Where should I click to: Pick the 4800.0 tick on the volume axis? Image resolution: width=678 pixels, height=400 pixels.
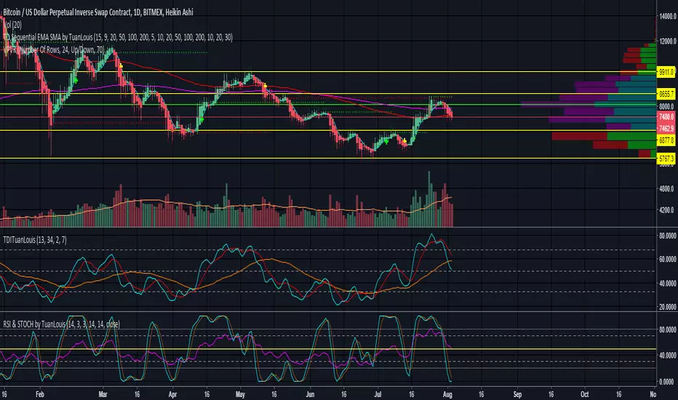tap(666, 188)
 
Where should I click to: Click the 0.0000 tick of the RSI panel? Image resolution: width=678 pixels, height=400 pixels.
tap(666, 381)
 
